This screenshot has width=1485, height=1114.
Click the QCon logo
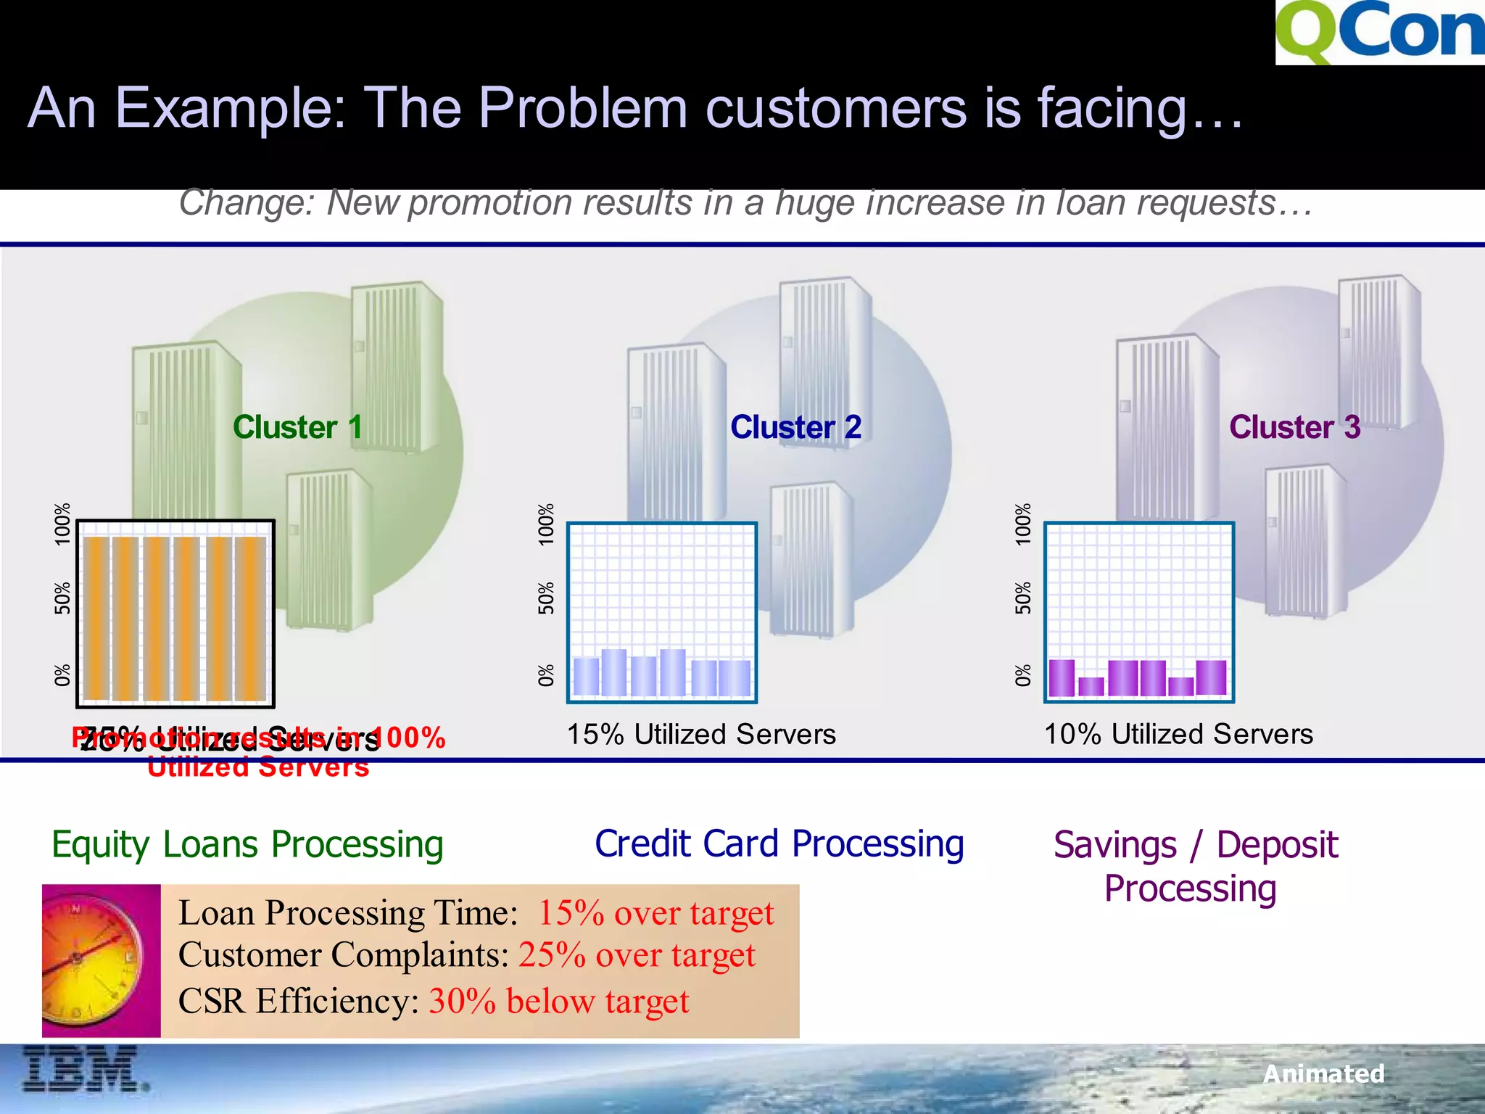pyautogui.click(x=1380, y=32)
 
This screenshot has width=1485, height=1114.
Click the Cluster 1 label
pyautogui.click(x=297, y=427)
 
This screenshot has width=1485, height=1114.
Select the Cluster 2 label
pyautogui.click(x=795, y=427)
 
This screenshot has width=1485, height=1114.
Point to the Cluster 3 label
pyautogui.click(x=1294, y=427)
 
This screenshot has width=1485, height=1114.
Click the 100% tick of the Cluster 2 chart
pyautogui.click(x=546, y=524)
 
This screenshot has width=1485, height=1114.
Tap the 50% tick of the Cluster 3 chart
pyautogui.click(x=1022, y=598)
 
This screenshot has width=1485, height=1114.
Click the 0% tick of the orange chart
pyautogui.click(x=63, y=675)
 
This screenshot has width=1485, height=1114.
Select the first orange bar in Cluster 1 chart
pyautogui.click(x=96, y=618)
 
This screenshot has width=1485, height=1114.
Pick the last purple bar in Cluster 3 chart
pyautogui.click(x=1211, y=677)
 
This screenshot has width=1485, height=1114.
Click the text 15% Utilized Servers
pyautogui.click(x=701, y=735)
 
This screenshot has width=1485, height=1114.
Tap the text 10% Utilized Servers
pyautogui.click(x=1178, y=735)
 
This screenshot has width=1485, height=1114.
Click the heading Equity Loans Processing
pyautogui.click(x=247, y=845)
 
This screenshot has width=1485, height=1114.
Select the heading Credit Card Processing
pyautogui.click(x=779, y=844)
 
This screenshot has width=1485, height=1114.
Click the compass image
pyautogui.click(x=101, y=960)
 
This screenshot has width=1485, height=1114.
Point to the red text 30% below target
pyautogui.click(x=558, y=1002)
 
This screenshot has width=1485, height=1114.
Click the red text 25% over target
pyautogui.click(x=637, y=955)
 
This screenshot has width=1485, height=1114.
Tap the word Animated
pyautogui.click(x=1323, y=1074)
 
